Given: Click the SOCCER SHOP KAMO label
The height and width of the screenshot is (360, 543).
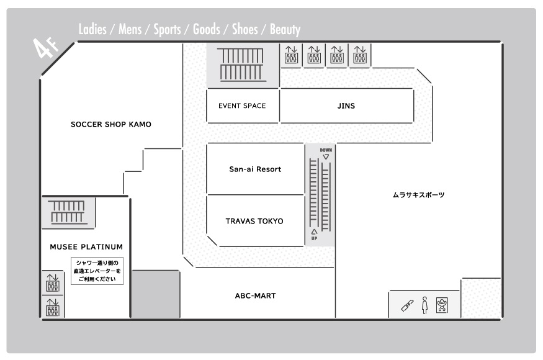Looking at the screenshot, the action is point(111,124).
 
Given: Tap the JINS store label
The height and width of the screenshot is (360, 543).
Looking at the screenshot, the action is point(346,106).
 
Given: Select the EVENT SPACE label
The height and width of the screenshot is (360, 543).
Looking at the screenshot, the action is point(242,106).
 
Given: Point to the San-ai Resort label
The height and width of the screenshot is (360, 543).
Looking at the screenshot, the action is point(255,169).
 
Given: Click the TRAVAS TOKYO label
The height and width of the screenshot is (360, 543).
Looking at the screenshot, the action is point(254,221).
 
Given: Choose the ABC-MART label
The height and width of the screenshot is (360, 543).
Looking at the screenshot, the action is point(256,296).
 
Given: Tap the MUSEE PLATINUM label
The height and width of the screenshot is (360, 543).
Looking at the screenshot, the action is point(86,247).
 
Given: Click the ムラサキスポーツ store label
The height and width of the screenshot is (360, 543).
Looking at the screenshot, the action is point(418,195).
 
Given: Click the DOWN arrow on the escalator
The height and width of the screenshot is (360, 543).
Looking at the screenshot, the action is point(326,157).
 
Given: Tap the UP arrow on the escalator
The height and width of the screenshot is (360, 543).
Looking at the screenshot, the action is point(314,232).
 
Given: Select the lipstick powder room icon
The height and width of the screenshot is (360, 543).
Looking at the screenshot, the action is point(407,305).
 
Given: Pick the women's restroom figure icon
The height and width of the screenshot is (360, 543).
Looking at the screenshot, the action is point(425,305).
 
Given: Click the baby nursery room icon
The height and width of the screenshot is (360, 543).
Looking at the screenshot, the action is point(442,305).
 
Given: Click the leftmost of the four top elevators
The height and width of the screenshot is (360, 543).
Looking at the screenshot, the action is point(291,55).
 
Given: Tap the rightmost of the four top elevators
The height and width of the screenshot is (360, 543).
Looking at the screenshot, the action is point(360,55).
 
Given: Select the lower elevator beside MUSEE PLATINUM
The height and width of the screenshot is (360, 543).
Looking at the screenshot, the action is point(53,307).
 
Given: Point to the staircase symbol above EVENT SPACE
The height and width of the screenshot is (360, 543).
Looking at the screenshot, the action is point(241,65).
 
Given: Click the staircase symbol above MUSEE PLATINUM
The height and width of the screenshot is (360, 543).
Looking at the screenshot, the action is point(68,212).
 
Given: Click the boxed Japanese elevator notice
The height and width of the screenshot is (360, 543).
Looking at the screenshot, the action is point(97,271).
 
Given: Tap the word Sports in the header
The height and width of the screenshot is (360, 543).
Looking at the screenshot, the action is point(168,29).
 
